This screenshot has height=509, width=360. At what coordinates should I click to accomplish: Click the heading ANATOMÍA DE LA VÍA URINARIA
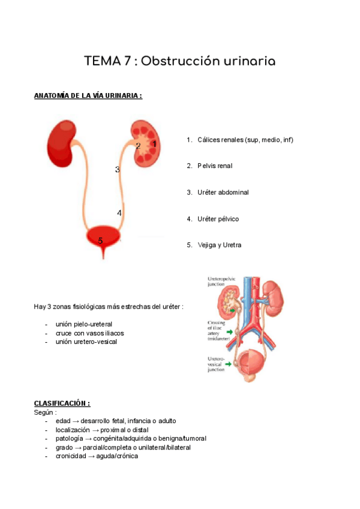click(x=88, y=95)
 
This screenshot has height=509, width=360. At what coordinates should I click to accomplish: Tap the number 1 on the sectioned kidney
click(x=154, y=144)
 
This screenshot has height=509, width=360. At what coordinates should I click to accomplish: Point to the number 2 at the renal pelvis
click(x=138, y=146)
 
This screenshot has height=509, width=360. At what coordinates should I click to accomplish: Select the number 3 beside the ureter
click(x=118, y=170)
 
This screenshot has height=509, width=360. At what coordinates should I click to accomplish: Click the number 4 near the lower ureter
click(x=119, y=213)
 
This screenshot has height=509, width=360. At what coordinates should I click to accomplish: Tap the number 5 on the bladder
click(x=100, y=241)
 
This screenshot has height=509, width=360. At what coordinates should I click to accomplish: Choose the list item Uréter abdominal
click(x=223, y=192)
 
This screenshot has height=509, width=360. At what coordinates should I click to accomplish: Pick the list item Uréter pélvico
click(x=218, y=218)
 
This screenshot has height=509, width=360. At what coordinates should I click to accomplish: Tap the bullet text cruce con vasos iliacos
click(x=89, y=333)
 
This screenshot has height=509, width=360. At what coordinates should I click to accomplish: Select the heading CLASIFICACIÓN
click(x=62, y=403)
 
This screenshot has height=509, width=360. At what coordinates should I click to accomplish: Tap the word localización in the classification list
click(x=72, y=430)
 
